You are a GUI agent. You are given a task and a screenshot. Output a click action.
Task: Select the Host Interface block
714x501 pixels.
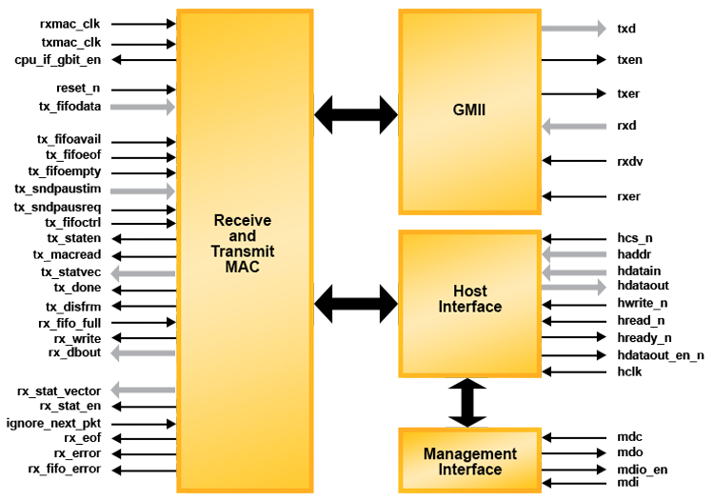pyautogui.click(x=468, y=299)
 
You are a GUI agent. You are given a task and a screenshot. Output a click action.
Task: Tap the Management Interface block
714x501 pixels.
pyautogui.click(x=469, y=461)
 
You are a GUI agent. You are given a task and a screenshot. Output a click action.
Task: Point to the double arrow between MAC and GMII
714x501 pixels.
pyautogui.click(x=355, y=114)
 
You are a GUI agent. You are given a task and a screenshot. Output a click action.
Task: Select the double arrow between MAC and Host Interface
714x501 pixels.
pyautogui.click(x=355, y=304)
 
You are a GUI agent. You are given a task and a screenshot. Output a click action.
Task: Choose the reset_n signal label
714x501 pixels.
pyautogui.click(x=78, y=88)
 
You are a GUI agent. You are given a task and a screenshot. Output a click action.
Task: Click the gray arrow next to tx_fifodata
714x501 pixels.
pyautogui.click(x=144, y=107)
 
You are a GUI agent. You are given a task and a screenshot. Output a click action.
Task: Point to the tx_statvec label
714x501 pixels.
pyautogui.click(x=70, y=272)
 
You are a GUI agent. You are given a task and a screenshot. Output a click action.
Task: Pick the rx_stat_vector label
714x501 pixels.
pyautogui.click(x=59, y=391)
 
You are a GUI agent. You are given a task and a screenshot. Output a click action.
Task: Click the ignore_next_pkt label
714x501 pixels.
pyautogui.click(x=53, y=423)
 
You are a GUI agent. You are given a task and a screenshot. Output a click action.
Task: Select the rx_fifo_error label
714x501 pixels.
pyautogui.click(x=64, y=470)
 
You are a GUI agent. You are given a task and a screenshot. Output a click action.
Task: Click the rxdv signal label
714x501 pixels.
pyautogui.click(x=630, y=161)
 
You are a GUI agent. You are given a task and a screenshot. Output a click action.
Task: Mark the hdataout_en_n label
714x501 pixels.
pyautogui.click(x=661, y=354)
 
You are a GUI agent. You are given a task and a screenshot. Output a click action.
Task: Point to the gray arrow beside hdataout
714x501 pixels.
pyautogui.click(x=573, y=286)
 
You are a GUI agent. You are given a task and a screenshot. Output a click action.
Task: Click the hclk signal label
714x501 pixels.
pyautogui.click(x=629, y=371)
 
